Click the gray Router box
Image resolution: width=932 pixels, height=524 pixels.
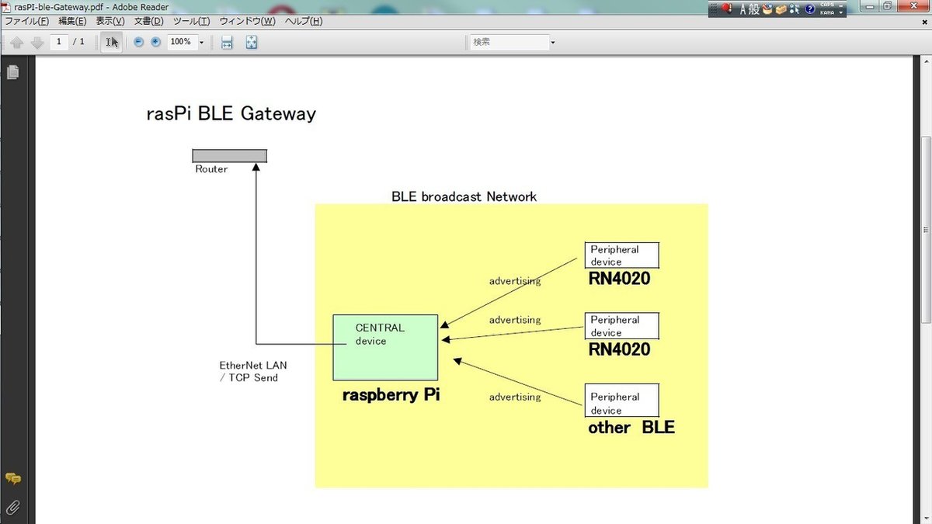[229, 156]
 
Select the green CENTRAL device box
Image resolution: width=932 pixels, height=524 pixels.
[385, 347]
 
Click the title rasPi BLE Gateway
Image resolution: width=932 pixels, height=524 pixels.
[231, 114]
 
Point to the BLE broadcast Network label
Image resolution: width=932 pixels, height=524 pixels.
[464, 196]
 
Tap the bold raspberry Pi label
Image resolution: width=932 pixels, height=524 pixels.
[391, 394]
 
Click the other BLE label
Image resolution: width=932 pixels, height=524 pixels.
[631, 427]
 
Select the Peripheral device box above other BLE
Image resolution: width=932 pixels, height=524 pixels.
[621, 401]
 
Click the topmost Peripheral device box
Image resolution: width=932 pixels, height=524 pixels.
[621, 255]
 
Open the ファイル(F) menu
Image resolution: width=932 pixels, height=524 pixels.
[27, 21]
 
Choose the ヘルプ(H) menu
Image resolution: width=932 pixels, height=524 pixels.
[304, 21]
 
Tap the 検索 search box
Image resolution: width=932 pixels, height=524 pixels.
[508, 42]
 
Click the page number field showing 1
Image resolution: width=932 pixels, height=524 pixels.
[59, 42]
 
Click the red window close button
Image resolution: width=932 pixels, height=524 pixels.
[916, 6]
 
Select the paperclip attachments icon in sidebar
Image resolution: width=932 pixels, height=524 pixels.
[12, 508]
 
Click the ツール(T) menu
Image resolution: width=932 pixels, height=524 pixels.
[191, 21]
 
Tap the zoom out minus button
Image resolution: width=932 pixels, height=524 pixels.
[139, 42]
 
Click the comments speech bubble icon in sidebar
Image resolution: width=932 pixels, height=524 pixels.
[12, 479]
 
